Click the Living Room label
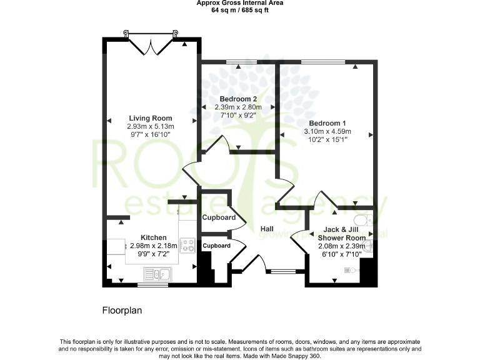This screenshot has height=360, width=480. [151, 118]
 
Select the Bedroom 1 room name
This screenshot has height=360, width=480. [327, 123]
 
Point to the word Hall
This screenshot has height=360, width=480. [268, 229]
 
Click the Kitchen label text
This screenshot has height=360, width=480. [153, 237]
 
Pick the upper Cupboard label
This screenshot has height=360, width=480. [219, 217]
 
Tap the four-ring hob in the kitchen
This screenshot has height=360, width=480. [187, 245]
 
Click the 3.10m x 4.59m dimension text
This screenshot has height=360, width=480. [327, 131]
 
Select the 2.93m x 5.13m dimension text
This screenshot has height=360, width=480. [151, 126]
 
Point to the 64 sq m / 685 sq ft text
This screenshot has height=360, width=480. [239, 9]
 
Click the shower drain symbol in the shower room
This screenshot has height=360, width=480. [351, 270]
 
